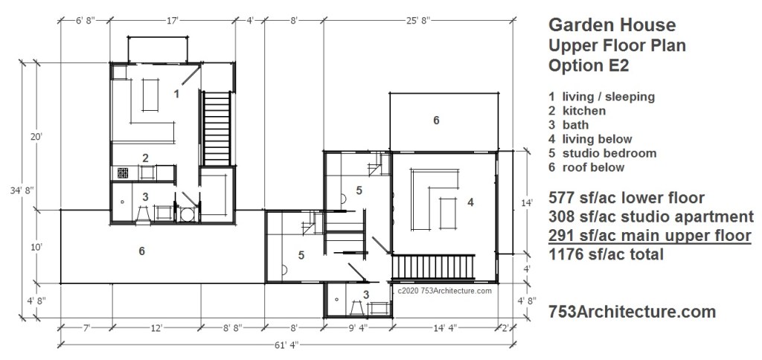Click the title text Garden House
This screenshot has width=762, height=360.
(x=612, y=25)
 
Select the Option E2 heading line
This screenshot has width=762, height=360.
(x=589, y=65)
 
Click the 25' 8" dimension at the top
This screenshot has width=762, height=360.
(x=417, y=20)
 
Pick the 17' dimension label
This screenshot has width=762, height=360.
(x=172, y=20)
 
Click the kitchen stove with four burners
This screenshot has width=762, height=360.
(x=122, y=173)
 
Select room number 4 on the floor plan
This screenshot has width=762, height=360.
(x=470, y=202)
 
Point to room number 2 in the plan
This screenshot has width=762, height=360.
(x=145, y=158)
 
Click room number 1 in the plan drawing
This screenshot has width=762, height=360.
(x=177, y=93)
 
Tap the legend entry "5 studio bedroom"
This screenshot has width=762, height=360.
(x=603, y=153)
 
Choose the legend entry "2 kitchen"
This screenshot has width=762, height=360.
(x=577, y=111)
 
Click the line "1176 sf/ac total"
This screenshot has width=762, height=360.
(x=606, y=254)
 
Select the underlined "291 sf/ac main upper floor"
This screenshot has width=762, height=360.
(x=650, y=236)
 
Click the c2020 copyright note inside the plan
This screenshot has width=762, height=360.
(x=444, y=291)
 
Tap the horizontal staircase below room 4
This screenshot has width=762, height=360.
(x=433, y=267)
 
